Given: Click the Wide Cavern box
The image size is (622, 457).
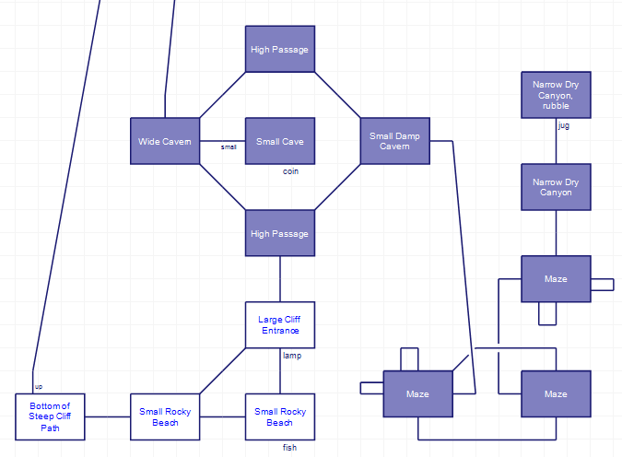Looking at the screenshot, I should tap(165, 141).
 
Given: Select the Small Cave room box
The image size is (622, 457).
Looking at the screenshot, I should tap(280, 141).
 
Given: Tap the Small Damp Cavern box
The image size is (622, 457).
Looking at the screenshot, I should tap(394, 141).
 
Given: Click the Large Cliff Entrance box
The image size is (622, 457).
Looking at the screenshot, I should tap(280, 324).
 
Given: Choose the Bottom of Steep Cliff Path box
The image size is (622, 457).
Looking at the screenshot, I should tap(50, 416).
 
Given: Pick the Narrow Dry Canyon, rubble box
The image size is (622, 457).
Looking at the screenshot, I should tap(556, 95).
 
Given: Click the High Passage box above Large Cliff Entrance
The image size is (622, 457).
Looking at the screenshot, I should tap(280, 233).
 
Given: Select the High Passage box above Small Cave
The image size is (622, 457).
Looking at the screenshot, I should tap(280, 49).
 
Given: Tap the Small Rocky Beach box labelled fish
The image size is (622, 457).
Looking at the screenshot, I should tap(280, 416).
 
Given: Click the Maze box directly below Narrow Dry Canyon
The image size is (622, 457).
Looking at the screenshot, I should tap(556, 278).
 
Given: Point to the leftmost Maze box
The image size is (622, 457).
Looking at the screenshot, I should tap(417, 393).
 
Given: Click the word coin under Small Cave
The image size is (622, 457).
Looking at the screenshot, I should tap(291, 171).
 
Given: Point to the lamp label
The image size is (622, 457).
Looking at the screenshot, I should tap(292, 356).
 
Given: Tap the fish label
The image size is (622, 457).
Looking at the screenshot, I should tap(289, 448).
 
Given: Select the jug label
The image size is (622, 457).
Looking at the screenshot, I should tap(564, 125).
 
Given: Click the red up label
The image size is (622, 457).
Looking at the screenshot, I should tap(39, 386).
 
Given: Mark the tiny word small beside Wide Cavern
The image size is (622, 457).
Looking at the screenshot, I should tap(229, 146).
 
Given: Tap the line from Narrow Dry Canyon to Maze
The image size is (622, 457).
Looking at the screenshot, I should tap(556, 233).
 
